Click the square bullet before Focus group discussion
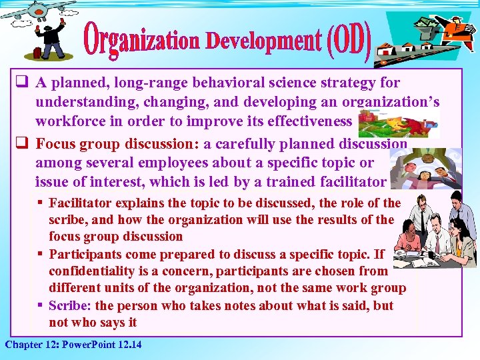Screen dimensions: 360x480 (x=21, y=143)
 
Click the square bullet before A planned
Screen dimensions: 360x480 (x=21, y=83)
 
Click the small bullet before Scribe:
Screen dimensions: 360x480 (x=41, y=305)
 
